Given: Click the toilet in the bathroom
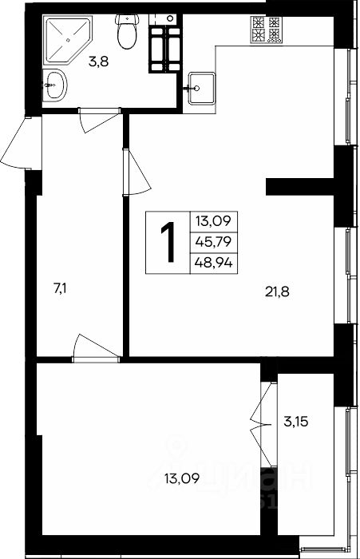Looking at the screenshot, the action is (x=127, y=31).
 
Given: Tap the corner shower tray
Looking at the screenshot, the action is (x=67, y=40).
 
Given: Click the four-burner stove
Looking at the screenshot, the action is (x=266, y=30).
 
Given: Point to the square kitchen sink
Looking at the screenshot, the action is (x=201, y=89).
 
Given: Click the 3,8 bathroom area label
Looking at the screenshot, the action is (x=99, y=62).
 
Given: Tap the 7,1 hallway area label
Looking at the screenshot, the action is (x=60, y=289).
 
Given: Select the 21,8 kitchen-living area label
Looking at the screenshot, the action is (x=277, y=292).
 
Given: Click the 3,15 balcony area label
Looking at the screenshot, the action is (x=296, y=422).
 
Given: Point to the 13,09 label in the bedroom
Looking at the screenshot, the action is (x=181, y=478).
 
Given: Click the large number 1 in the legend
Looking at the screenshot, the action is (x=168, y=243).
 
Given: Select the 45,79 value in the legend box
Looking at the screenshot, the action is (x=213, y=242).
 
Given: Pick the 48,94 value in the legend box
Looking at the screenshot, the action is (x=213, y=263).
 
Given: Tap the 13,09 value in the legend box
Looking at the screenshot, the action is (x=213, y=221).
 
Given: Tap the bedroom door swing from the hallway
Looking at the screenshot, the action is (x=96, y=349).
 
